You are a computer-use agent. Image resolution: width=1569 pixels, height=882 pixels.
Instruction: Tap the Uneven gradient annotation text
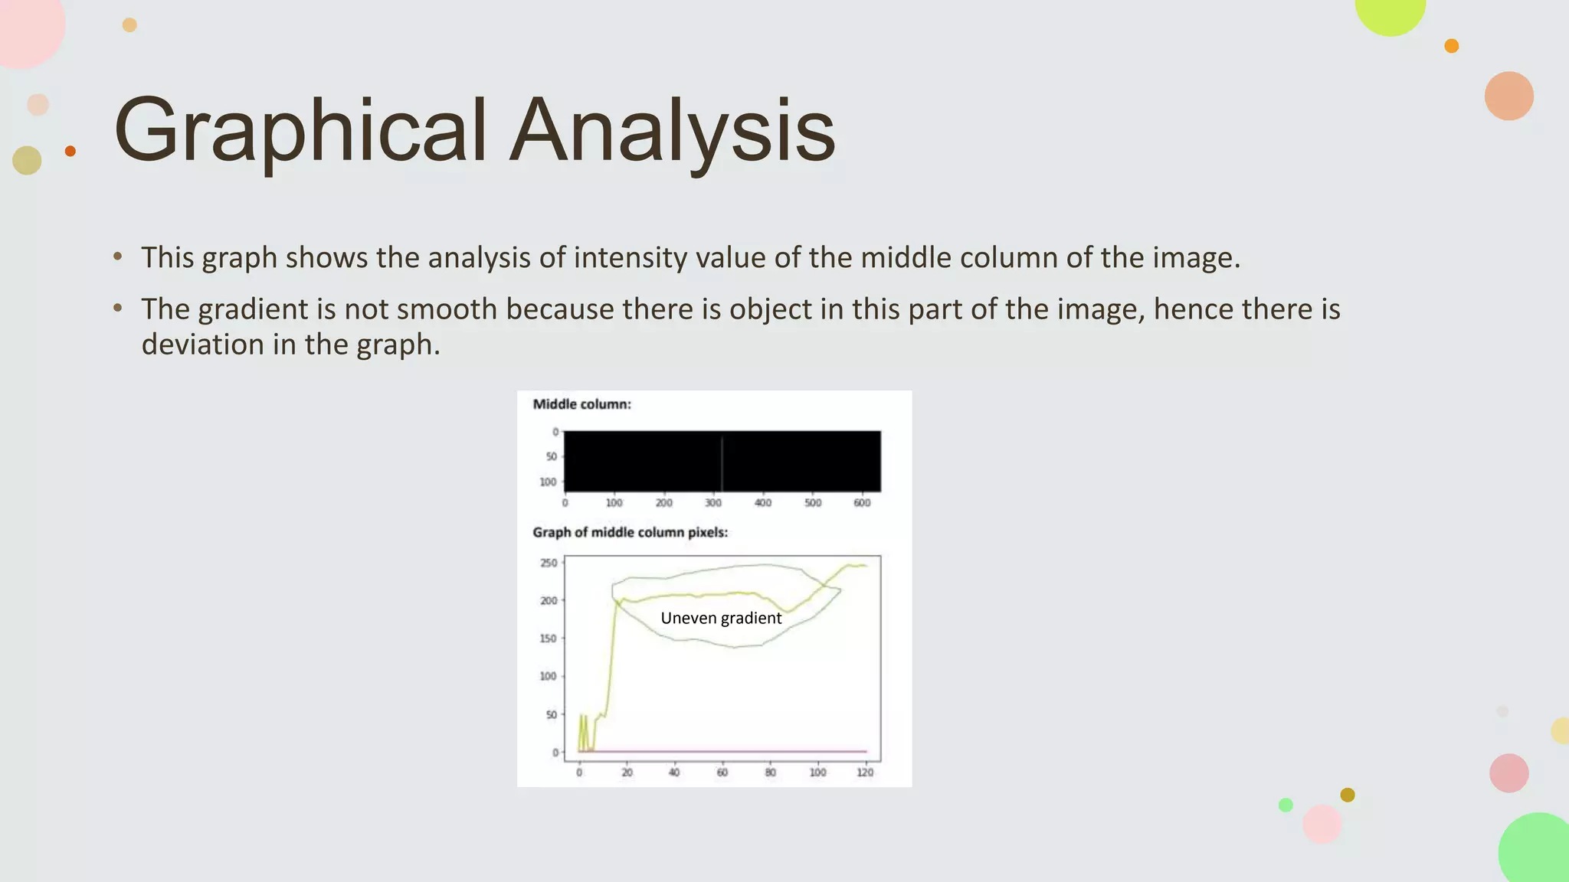[721, 618]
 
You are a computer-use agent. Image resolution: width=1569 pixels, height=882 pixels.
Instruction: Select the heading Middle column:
[581, 404]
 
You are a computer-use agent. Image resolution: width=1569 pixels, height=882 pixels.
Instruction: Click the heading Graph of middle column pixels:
[630, 532]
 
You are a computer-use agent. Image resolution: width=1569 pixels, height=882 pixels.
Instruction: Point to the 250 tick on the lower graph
[549, 563]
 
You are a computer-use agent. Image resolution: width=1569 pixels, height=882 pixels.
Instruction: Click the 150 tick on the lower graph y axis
[549, 639]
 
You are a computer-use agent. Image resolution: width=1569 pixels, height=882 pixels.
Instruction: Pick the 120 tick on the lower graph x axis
[865, 773]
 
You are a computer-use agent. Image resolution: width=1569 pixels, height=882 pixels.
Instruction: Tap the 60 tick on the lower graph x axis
[722, 773]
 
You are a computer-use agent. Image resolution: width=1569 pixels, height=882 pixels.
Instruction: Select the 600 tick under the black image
[862, 503]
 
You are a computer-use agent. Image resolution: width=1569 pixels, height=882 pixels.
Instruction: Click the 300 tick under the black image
[713, 503]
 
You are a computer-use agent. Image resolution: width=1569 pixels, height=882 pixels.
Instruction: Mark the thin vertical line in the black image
[722, 462]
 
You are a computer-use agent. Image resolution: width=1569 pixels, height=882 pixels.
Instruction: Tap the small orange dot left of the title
[70, 151]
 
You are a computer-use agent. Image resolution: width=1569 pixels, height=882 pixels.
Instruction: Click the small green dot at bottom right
[1286, 805]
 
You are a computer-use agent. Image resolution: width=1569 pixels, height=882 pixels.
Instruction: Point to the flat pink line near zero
[728, 751]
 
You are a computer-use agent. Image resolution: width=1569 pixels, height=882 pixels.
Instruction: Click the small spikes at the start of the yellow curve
[583, 731]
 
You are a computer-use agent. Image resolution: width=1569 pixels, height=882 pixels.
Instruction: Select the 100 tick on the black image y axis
[548, 482]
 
